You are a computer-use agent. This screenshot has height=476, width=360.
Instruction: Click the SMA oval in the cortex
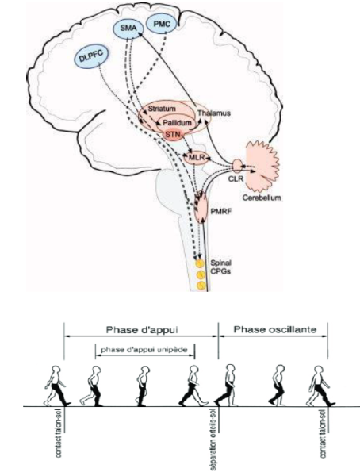click(x=128, y=29)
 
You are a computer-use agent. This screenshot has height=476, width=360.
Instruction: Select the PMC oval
click(x=161, y=24)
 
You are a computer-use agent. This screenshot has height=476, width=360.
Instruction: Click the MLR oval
click(x=196, y=158)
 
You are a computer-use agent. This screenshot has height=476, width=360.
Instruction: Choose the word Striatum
click(x=162, y=109)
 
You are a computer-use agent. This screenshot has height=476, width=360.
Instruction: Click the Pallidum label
click(x=178, y=123)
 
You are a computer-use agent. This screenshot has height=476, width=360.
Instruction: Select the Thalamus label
click(x=214, y=113)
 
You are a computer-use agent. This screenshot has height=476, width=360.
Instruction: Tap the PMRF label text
click(x=221, y=211)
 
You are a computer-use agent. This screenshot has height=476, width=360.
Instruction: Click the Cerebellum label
click(x=262, y=198)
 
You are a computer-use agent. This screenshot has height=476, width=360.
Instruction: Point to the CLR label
click(x=236, y=178)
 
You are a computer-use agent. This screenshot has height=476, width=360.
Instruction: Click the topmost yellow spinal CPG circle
click(x=199, y=263)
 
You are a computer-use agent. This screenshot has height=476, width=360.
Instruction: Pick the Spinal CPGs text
click(x=220, y=267)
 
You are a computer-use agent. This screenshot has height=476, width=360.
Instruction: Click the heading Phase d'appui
click(x=142, y=330)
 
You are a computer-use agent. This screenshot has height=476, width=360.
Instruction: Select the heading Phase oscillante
click(x=274, y=329)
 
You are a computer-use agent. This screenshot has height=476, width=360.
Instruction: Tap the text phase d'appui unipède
click(x=144, y=350)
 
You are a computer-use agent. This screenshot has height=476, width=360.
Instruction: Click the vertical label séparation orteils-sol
click(x=213, y=439)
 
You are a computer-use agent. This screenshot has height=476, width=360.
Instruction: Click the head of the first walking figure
click(x=56, y=371)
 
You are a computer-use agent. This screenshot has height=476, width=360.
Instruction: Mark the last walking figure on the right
click(x=320, y=386)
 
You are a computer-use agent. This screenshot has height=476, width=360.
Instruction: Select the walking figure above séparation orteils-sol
click(x=227, y=385)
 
